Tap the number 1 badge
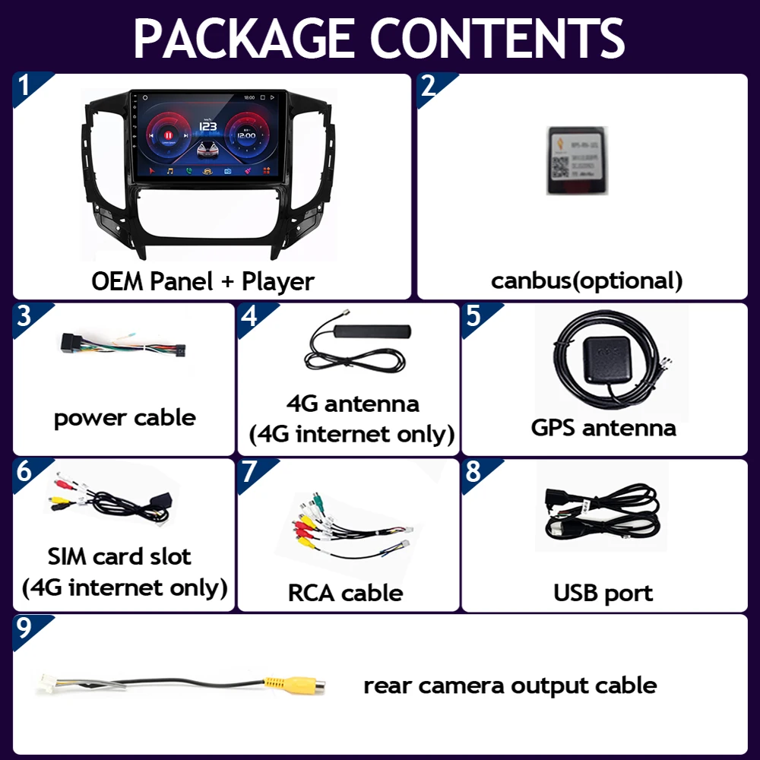(x=24, y=85)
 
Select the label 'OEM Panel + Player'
(x=203, y=281)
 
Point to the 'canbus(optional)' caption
(x=587, y=280)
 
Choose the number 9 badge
(x=24, y=628)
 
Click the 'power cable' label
(x=125, y=417)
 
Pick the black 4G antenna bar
(x=373, y=332)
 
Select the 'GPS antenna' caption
(x=603, y=427)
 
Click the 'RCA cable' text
(x=345, y=592)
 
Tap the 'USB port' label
(x=603, y=592)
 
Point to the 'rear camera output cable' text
(x=510, y=685)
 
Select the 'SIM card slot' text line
(x=119, y=556)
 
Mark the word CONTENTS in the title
(x=500, y=37)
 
